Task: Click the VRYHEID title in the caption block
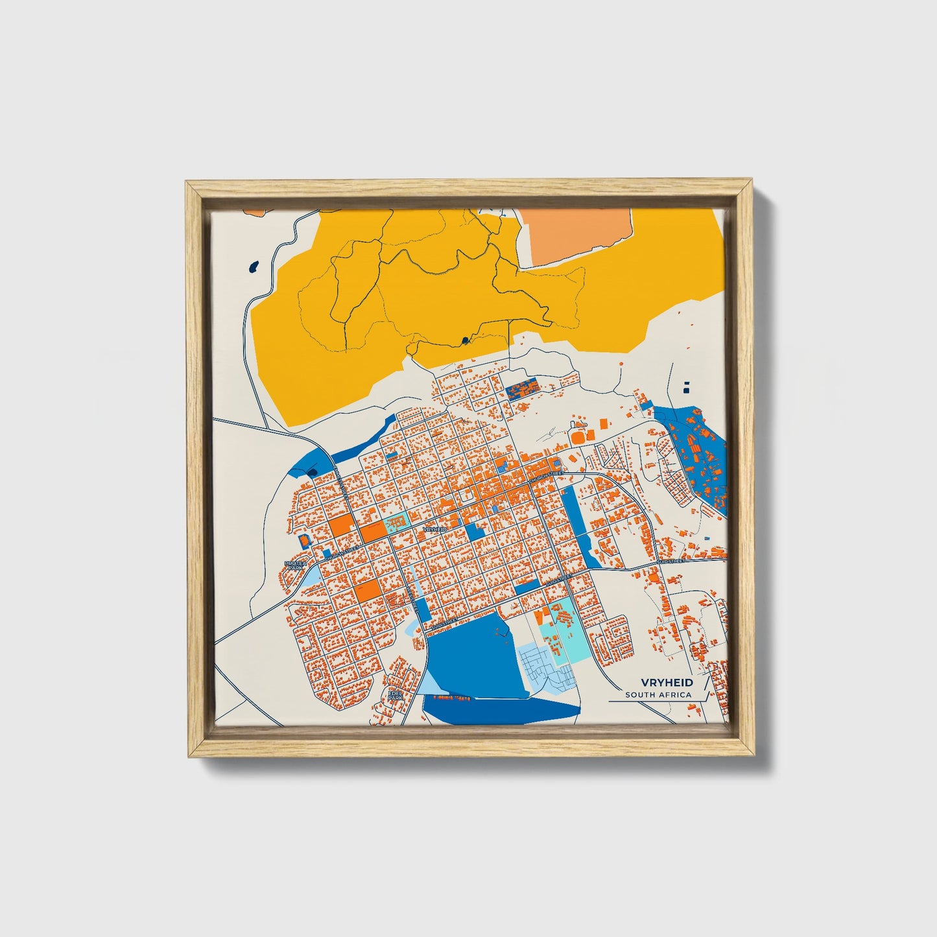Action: [667, 683]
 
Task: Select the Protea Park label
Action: [296, 565]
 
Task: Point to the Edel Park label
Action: [395, 695]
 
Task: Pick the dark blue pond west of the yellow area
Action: [254, 266]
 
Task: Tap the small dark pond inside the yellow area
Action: [464, 339]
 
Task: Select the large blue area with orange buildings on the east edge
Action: [694, 454]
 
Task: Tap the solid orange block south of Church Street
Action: [367, 591]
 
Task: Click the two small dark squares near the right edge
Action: [687, 387]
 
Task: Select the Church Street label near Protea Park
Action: [341, 554]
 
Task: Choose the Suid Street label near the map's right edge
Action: [671, 560]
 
